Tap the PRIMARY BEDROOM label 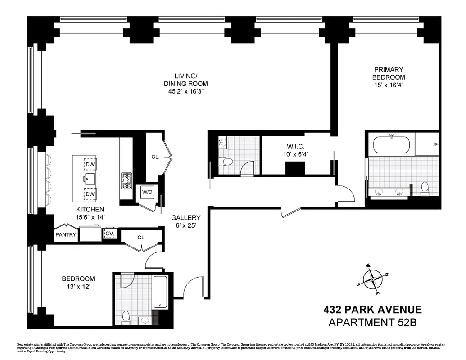pyautogui.click(x=388, y=73)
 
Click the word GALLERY pyautogui.click(x=185, y=217)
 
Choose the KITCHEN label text pyautogui.click(x=90, y=210)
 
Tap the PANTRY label pyautogui.click(x=66, y=234)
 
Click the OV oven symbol pyautogui.click(x=109, y=233)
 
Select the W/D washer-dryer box pyautogui.click(x=147, y=192)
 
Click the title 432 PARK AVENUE pyautogui.click(x=372, y=310)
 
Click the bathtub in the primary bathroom pyautogui.click(x=391, y=145)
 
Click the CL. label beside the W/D pyautogui.click(x=155, y=157)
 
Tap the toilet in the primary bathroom pyautogui.click(x=425, y=189)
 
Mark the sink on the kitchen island pyautogui.click(x=86, y=178)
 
